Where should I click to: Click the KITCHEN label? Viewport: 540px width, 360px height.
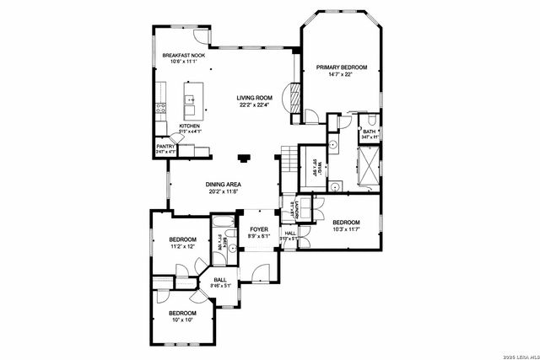[x=189, y=126]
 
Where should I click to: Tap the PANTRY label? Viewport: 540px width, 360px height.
[x=165, y=146]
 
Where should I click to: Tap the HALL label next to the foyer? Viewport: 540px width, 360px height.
[x=289, y=234]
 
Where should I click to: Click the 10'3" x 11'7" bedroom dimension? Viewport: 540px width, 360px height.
[x=345, y=229]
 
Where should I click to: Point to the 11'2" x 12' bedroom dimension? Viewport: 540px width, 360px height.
[x=182, y=247]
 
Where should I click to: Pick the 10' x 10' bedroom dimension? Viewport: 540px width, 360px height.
[x=182, y=320]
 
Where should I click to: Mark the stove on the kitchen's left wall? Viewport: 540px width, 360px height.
[x=159, y=107]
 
